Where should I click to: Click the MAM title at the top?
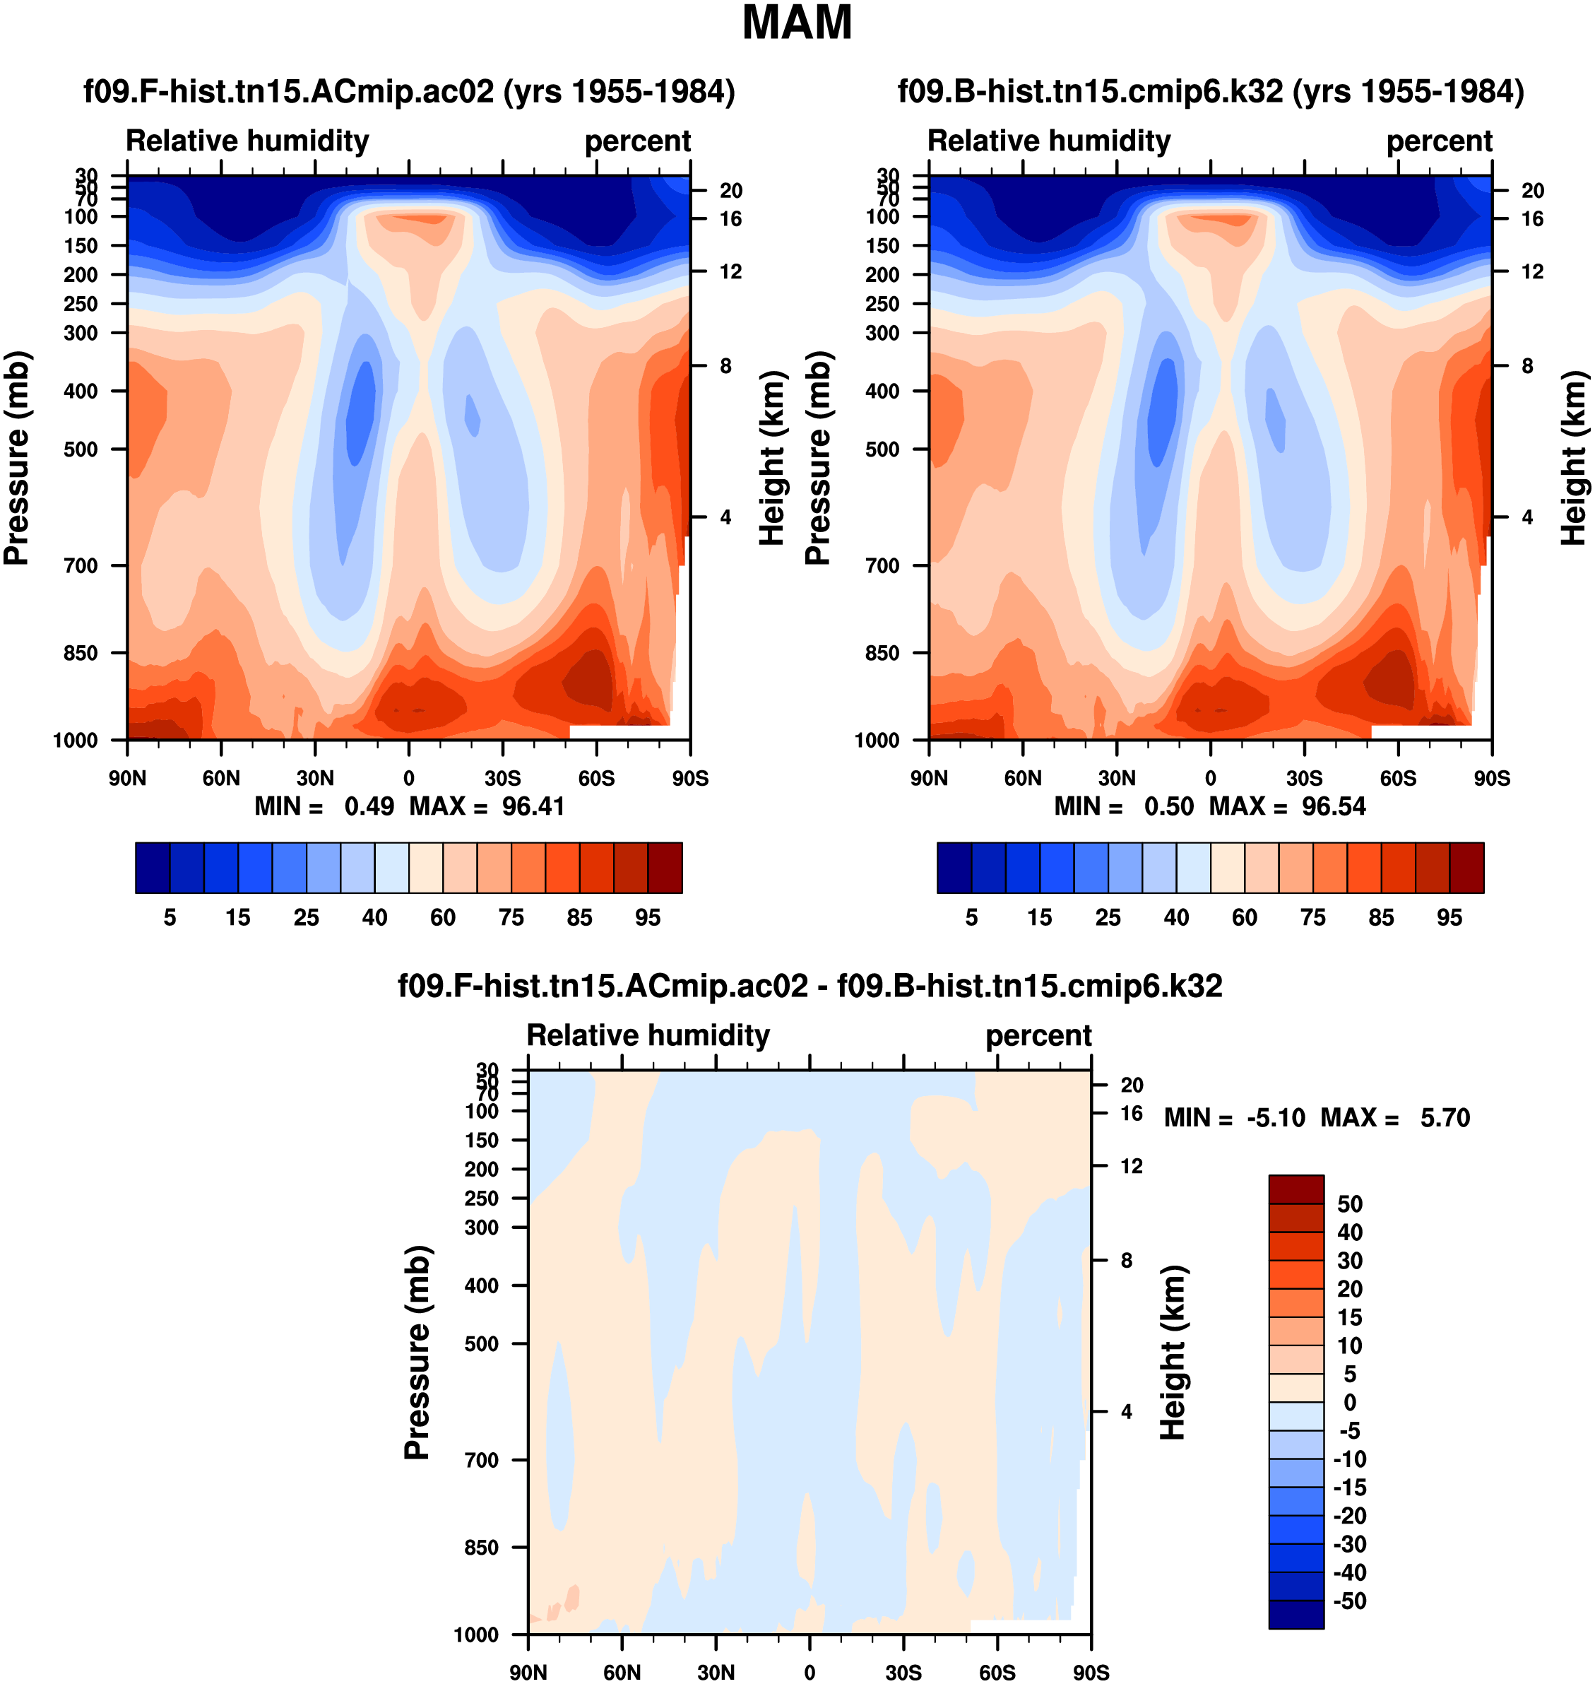(x=797, y=23)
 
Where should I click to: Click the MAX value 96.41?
(x=533, y=806)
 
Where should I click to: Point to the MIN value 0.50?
(x=1168, y=806)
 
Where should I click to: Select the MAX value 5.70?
(x=1445, y=1117)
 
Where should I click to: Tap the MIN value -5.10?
(x=1275, y=1117)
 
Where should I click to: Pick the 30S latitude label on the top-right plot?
(x=1304, y=778)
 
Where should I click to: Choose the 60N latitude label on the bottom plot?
(x=622, y=1672)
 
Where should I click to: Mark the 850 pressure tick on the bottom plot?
(x=481, y=1547)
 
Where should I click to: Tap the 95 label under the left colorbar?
(x=648, y=918)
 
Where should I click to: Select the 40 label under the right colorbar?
(x=1176, y=918)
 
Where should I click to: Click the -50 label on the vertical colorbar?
(x=1349, y=1601)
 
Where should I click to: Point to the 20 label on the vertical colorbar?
(x=1349, y=1290)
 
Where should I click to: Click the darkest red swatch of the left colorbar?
(x=665, y=868)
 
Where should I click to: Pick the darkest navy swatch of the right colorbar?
(x=954, y=868)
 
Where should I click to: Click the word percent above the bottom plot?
(x=1038, y=1036)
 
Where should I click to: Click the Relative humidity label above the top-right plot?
(x=1048, y=141)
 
